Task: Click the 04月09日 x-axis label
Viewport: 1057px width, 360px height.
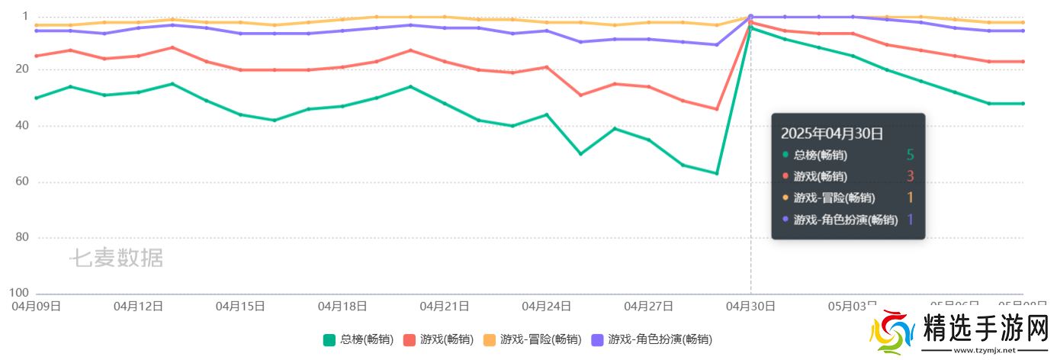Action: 36,306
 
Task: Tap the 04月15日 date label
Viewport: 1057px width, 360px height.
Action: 240,306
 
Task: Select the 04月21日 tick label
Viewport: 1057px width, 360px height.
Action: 444,306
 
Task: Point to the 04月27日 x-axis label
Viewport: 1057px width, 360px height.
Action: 648,306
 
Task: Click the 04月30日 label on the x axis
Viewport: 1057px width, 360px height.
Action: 750,306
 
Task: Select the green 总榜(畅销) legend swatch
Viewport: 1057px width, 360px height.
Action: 329,339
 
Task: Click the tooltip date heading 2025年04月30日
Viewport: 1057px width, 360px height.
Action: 832,133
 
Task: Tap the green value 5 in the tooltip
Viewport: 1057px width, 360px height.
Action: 910,155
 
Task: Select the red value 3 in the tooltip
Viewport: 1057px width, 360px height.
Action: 910,176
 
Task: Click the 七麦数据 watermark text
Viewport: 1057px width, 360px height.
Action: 117,258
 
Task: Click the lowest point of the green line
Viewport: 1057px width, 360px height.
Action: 717,173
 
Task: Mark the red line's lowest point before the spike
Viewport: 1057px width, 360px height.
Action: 717,108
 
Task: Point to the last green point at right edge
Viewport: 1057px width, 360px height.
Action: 1023,103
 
